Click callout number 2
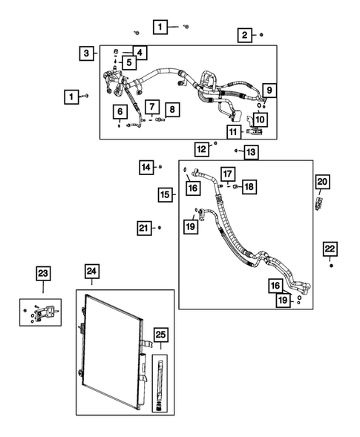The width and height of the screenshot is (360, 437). [x=243, y=34]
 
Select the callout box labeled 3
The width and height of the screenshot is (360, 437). [x=88, y=53]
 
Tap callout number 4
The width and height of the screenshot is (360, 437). [x=140, y=53]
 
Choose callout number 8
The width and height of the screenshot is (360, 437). [x=171, y=110]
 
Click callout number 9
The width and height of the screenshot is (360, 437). [x=269, y=91]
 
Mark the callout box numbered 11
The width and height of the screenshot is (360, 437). [x=233, y=132]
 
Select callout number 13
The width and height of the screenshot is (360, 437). [x=251, y=152]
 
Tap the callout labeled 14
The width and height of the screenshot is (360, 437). [x=146, y=167]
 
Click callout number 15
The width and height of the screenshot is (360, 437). [x=166, y=194]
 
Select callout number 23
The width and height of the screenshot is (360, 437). [x=43, y=274]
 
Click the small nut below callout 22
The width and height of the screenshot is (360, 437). [x=331, y=265]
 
